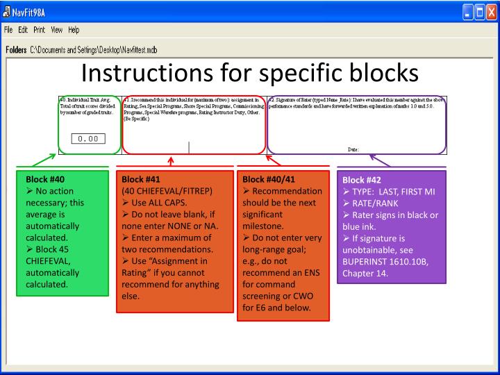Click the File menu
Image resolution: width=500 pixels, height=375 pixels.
tap(8, 31)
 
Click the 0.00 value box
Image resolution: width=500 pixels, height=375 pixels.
tap(90, 138)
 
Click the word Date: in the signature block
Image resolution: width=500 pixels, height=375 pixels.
tap(355, 149)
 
